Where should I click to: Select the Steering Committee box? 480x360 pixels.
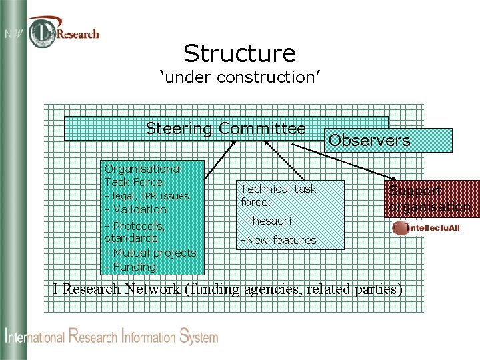coord(225,129)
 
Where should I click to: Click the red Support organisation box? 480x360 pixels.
coord(429,199)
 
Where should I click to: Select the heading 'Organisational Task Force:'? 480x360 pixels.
coord(143,175)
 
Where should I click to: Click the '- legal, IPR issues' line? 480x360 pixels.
coord(147,196)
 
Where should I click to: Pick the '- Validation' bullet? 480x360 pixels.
coord(136,209)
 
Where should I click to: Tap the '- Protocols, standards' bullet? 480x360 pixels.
coord(135,231)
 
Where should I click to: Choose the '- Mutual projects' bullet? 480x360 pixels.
coord(150,253)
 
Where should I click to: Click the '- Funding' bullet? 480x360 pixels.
coord(131,267)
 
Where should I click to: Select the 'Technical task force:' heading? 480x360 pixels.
coord(278,195)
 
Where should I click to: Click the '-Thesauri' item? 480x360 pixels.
coord(266,220)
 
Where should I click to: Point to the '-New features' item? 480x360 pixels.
coord(278,240)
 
